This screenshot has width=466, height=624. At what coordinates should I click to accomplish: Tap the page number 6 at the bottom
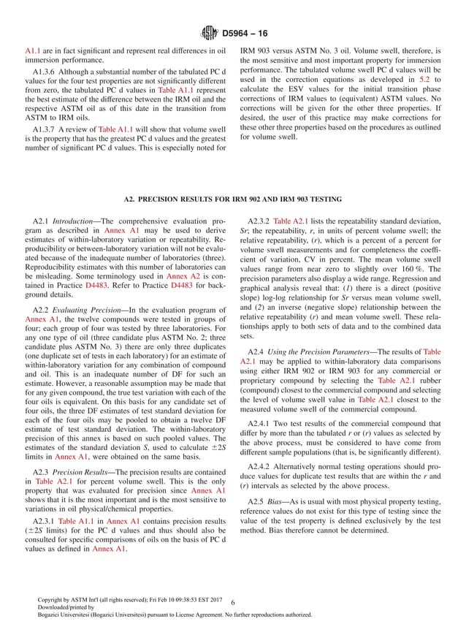(x=231, y=601)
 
